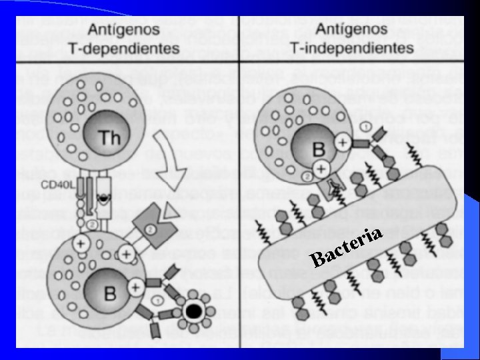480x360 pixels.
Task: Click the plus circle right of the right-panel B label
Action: click(x=341, y=142)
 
